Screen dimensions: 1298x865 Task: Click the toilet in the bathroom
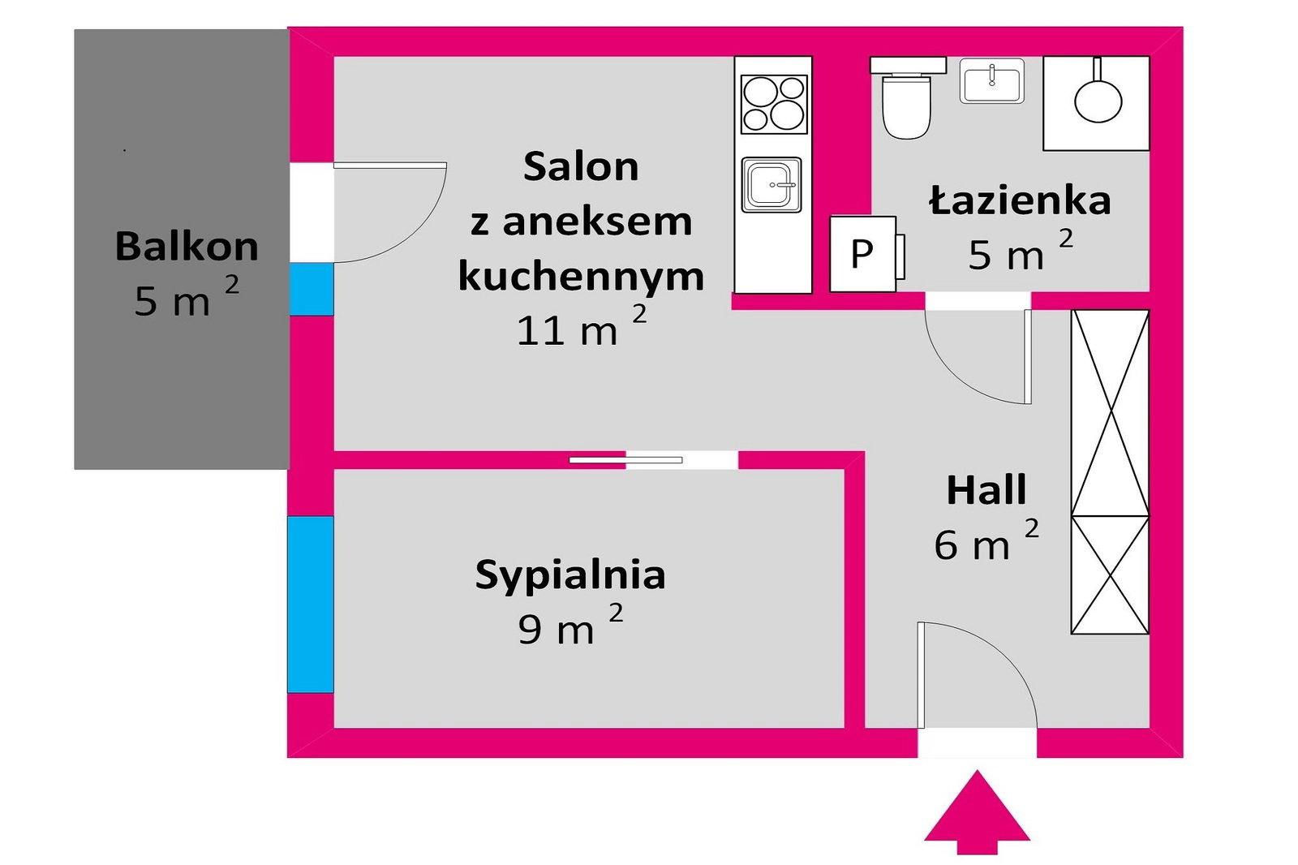pos(908,97)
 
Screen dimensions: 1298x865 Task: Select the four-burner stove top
pos(774,105)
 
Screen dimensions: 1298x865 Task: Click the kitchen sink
pos(771,185)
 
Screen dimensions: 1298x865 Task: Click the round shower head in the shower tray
pos(1098,101)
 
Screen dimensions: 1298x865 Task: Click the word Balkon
pos(187,247)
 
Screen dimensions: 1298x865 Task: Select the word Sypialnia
pos(570,575)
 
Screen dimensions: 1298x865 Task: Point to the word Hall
pos(986,490)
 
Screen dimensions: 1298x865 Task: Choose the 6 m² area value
pos(986,540)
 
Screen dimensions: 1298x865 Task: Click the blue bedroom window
pos(311,605)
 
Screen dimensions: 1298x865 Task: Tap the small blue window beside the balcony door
pos(312,290)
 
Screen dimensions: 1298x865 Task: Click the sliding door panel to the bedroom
pos(625,460)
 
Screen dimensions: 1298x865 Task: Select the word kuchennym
pos(581,278)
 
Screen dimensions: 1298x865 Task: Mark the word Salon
pos(581,166)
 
